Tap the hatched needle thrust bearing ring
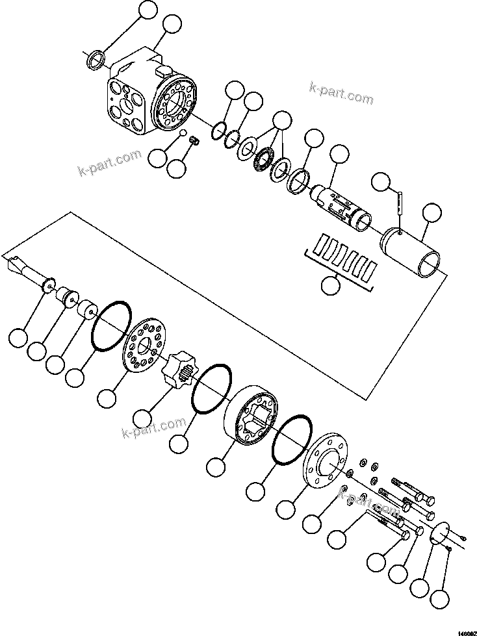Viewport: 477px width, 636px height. coord(265,159)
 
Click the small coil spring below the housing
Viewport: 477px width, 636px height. coord(194,140)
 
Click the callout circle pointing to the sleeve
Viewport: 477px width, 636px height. coord(431,212)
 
